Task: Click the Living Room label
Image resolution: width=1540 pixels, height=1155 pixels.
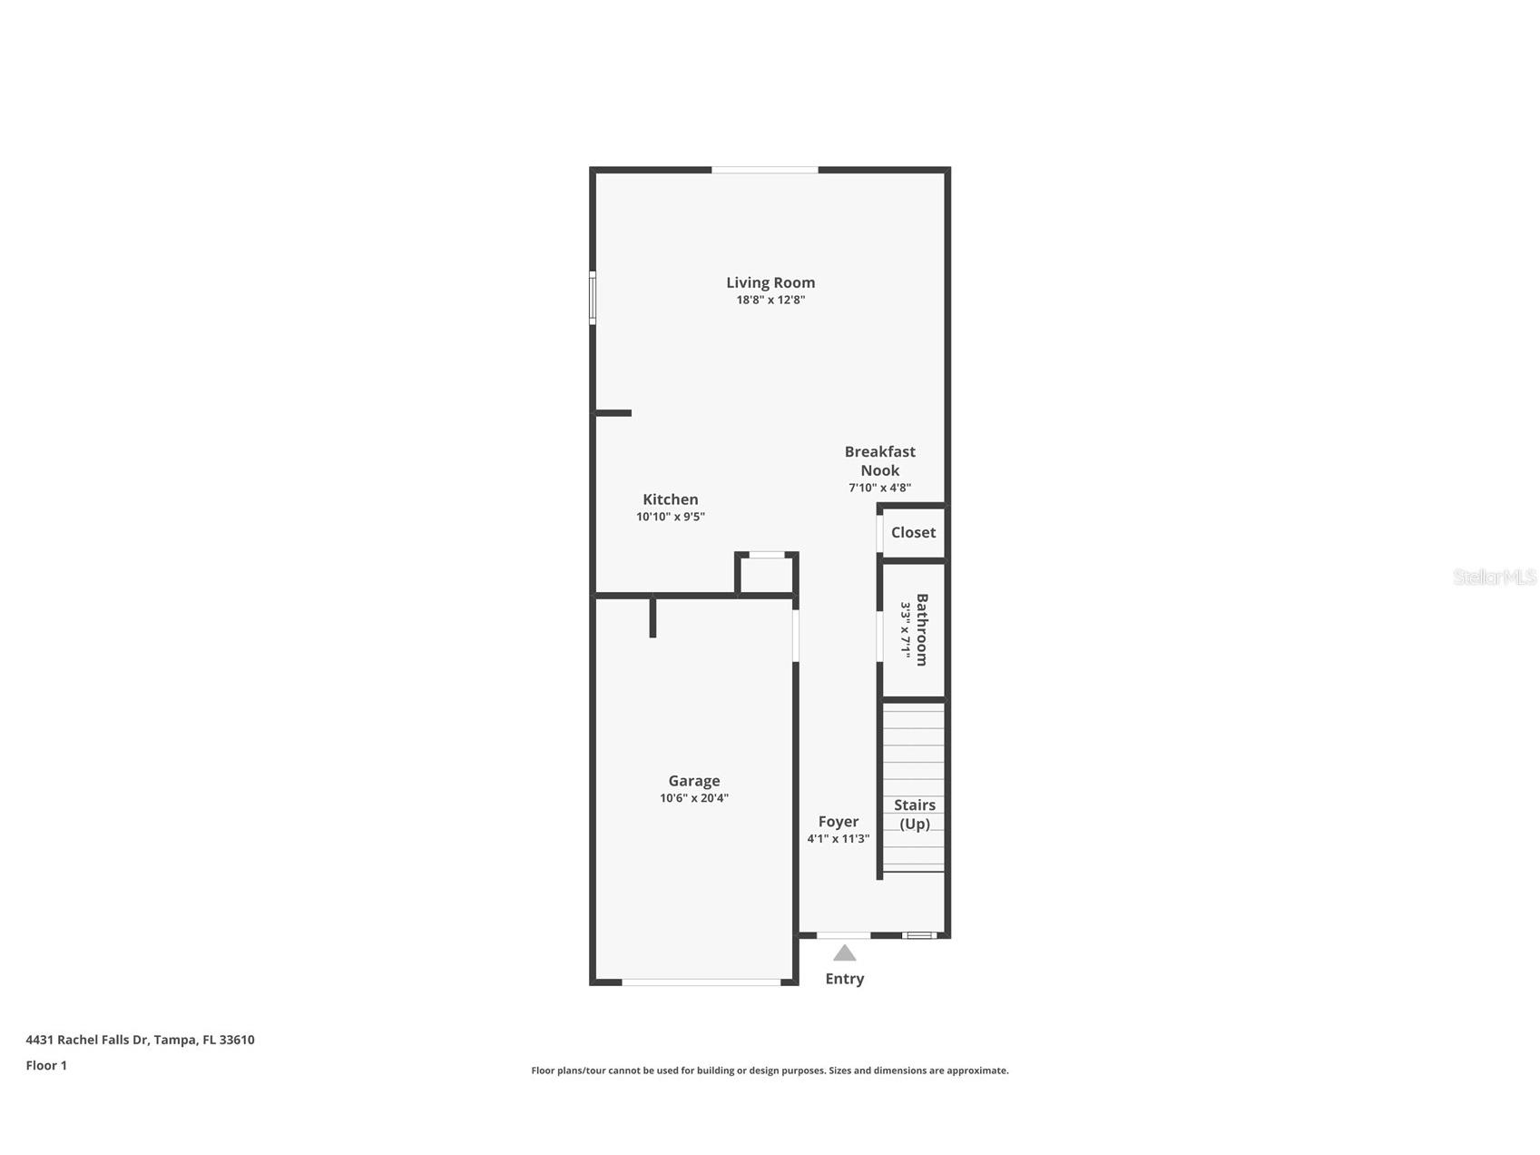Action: tap(770, 282)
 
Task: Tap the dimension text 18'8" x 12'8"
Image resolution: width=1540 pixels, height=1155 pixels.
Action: tap(770, 300)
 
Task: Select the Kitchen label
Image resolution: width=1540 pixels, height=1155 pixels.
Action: tap(670, 499)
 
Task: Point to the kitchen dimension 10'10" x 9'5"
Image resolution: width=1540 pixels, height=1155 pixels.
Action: tap(670, 517)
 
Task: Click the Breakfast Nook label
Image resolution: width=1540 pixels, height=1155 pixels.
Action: tap(879, 460)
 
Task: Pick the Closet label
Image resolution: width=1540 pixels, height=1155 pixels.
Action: tap(912, 532)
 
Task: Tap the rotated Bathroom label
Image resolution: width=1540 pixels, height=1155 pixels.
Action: tap(921, 629)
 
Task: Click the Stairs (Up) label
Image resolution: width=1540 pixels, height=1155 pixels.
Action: tap(914, 814)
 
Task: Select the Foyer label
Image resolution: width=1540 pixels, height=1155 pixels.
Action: tap(838, 822)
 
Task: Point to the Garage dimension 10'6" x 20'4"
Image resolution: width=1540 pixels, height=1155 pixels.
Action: tap(693, 798)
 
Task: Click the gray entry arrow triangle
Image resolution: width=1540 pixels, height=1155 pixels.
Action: tap(844, 953)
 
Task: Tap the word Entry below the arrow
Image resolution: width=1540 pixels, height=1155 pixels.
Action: tap(844, 979)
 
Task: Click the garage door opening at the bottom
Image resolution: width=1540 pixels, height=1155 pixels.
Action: tap(701, 982)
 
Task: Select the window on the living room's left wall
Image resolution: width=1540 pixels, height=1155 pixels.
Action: tap(593, 298)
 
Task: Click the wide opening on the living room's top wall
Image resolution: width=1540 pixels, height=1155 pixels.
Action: tap(764, 170)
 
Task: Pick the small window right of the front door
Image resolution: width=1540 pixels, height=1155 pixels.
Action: tap(918, 934)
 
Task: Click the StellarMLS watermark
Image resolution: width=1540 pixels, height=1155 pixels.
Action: tap(1494, 577)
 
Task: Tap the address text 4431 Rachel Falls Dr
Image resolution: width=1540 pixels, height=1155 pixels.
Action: tap(140, 1040)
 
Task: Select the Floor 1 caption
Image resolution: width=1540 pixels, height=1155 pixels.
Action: tap(46, 1065)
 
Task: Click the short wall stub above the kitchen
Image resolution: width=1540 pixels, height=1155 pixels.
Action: tap(613, 413)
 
